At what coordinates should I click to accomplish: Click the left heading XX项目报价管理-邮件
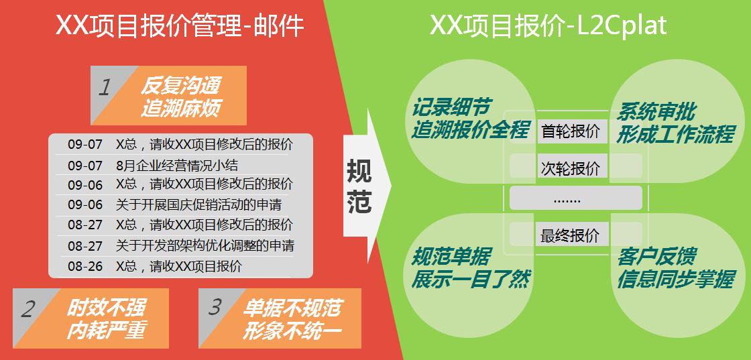180,25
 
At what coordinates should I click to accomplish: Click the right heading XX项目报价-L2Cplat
548,25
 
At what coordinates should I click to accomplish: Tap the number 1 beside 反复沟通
105,88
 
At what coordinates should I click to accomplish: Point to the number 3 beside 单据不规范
215,307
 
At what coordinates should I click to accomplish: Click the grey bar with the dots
575,198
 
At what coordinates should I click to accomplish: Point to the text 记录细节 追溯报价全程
470,119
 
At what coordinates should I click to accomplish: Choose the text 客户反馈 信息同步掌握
675,269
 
